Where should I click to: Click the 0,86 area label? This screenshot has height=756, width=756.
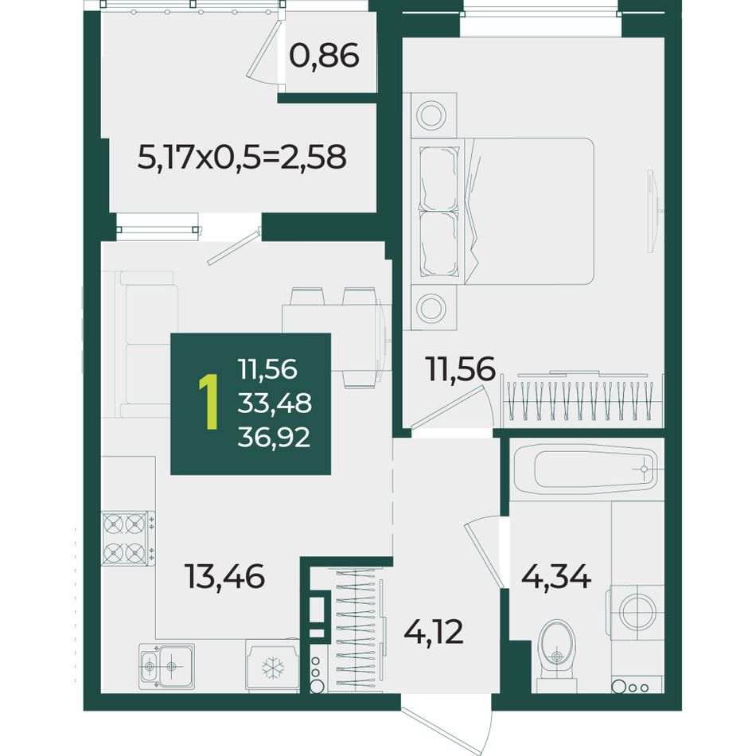[324, 56]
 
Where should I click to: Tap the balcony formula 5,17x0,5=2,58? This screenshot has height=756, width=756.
[242, 158]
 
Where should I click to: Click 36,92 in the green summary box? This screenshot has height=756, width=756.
[274, 438]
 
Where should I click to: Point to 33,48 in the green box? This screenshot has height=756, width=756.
[275, 403]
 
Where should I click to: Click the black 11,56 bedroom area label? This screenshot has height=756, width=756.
[460, 369]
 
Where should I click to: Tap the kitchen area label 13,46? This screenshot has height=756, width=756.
[224, 576]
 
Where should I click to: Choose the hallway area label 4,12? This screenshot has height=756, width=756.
[434, 632]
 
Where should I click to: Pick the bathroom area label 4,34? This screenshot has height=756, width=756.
[556, 576]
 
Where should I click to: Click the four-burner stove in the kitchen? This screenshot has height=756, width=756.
[128, 538]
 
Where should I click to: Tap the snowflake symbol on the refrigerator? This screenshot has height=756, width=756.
[273, 668]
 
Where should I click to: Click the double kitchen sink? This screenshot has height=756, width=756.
[166, 666]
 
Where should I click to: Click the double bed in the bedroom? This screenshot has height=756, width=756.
[502, 212]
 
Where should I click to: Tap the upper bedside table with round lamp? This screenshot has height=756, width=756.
[433, 115]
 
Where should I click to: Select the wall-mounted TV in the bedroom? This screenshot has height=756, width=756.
[653, 211]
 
